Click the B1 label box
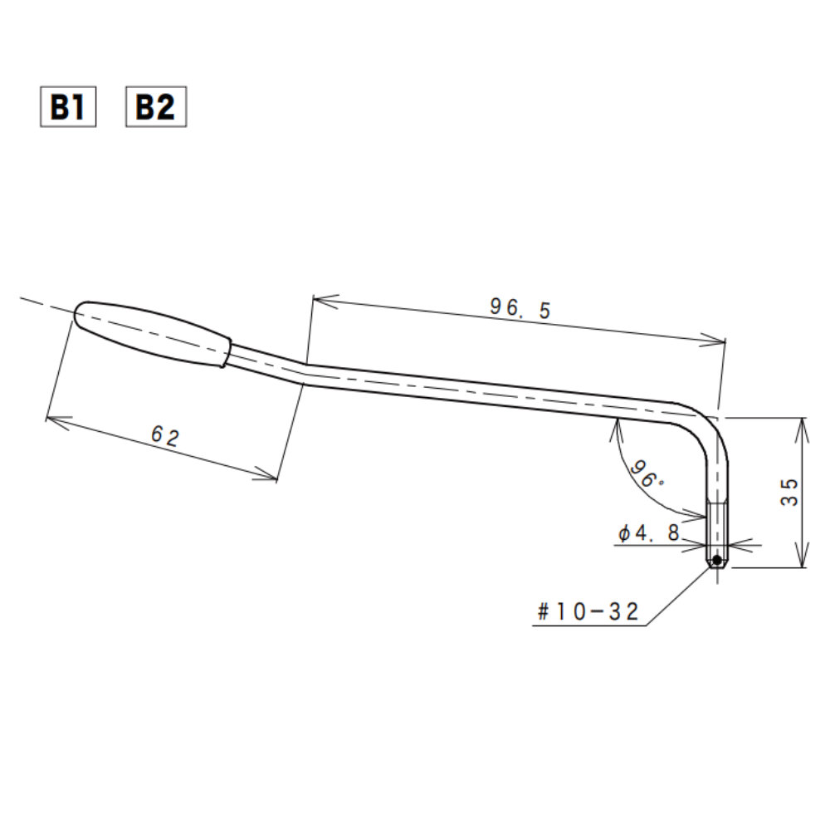(68, 107)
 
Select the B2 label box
(155, 107)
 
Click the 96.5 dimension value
(520, 308)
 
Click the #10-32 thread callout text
(588, 612)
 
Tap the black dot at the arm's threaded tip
(716, 561)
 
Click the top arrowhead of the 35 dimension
(802, 424)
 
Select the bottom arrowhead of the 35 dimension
(802, 562)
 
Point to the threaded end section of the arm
(717, 532)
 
